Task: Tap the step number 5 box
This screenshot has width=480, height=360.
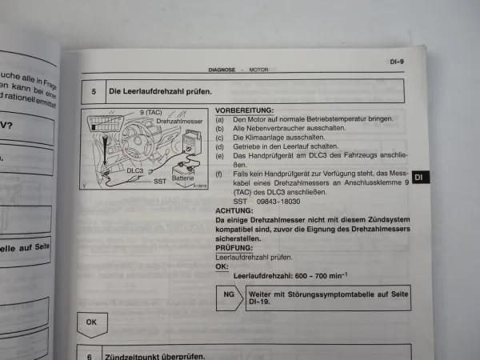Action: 94,91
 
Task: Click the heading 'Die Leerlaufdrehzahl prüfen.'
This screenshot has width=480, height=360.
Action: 160,90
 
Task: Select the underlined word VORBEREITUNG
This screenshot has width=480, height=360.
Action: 243,110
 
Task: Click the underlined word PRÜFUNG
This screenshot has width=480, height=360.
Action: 233,248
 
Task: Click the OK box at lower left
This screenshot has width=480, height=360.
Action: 91,323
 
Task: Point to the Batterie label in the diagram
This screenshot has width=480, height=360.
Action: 183,177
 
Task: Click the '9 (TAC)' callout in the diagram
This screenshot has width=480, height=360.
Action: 152,112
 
